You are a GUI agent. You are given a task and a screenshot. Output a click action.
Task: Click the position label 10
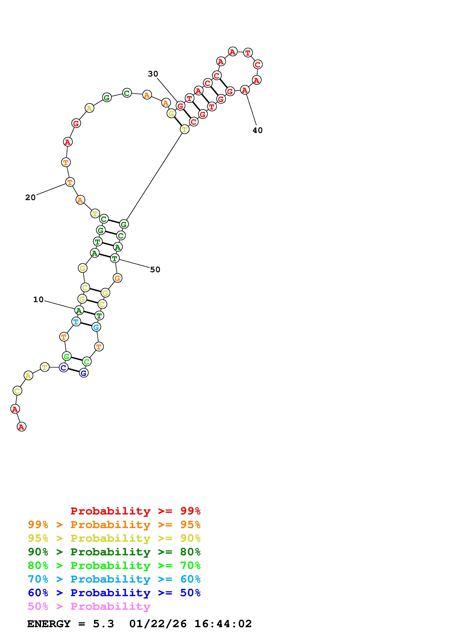tap(38, 300)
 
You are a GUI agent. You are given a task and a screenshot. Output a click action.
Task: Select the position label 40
tap(258, 130)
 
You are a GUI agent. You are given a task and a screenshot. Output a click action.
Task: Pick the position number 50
tap(155, 269)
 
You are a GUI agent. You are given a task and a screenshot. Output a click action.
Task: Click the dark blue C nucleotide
tap(64, 368)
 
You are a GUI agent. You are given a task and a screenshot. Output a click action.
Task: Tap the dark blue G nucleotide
tap(84, 373)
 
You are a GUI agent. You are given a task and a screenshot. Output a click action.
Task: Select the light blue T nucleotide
tap(76, 322)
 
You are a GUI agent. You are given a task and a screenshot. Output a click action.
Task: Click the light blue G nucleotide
tap(96, 327)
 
